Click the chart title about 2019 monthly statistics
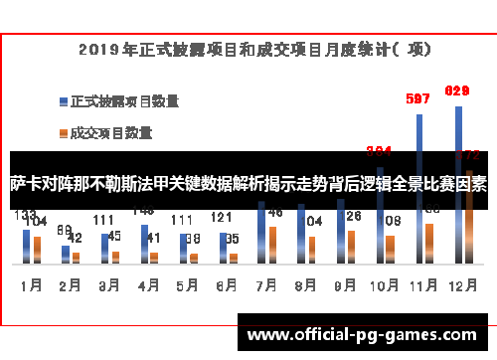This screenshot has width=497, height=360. [x=249, y=47]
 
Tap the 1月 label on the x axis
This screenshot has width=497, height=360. [x=31, y=284]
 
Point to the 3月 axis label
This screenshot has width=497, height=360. [x=108, y=284]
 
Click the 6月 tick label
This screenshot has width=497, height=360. [x=226, y=284]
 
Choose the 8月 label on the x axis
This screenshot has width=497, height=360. [x=304, y=284]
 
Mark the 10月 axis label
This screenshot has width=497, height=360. [x=383, y=284]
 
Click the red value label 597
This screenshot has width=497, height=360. [x=418, y=98]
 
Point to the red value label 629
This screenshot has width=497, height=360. [x=456, y=90]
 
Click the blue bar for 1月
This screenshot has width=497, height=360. [x=26, y=245]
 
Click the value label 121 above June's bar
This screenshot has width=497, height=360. [x=222, y=218]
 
